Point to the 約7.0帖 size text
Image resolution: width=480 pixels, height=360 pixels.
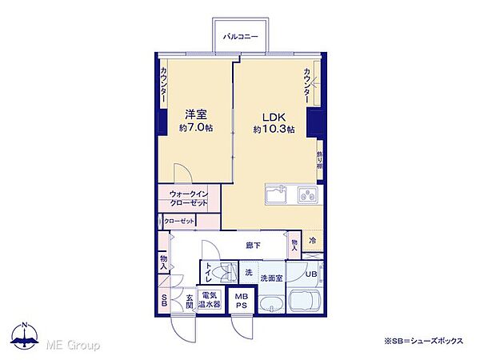[x=197, y=128]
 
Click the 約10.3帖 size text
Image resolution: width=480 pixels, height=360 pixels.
[x=274, y=129]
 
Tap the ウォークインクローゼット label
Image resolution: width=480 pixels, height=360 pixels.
[x=189, y=198]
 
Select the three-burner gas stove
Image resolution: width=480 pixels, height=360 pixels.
[x=307, y=195]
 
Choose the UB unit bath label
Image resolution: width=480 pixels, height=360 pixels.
[x=312, y=274]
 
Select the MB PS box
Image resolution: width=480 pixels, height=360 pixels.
[x=240, y=302]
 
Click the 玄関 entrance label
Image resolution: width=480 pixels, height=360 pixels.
[x=190, y=302]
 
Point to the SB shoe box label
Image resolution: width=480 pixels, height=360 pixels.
[x=163, y=301]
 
